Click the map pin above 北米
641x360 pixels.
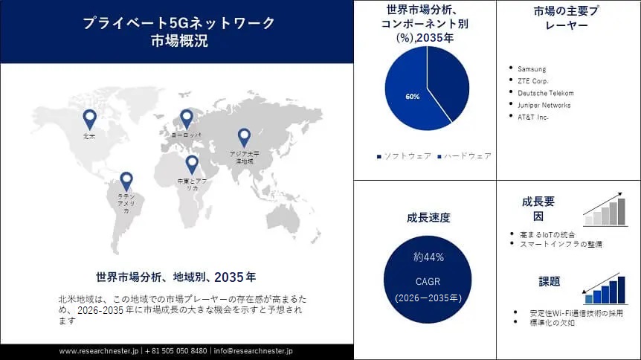point(90,118)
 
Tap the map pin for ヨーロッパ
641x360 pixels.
point(186,118)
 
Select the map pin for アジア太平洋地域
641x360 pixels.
point(244,137)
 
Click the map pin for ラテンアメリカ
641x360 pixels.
point(126,180)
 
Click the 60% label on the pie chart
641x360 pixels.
point(413,97)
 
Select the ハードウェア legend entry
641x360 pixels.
point(466,155)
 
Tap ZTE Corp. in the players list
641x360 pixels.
point(533,81)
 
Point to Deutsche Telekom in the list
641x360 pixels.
point(545,93)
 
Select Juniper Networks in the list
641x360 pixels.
point(544,105)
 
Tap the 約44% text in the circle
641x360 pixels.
point(428,257)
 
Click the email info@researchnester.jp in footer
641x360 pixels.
point(254,350)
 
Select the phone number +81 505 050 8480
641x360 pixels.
point(176,350)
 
